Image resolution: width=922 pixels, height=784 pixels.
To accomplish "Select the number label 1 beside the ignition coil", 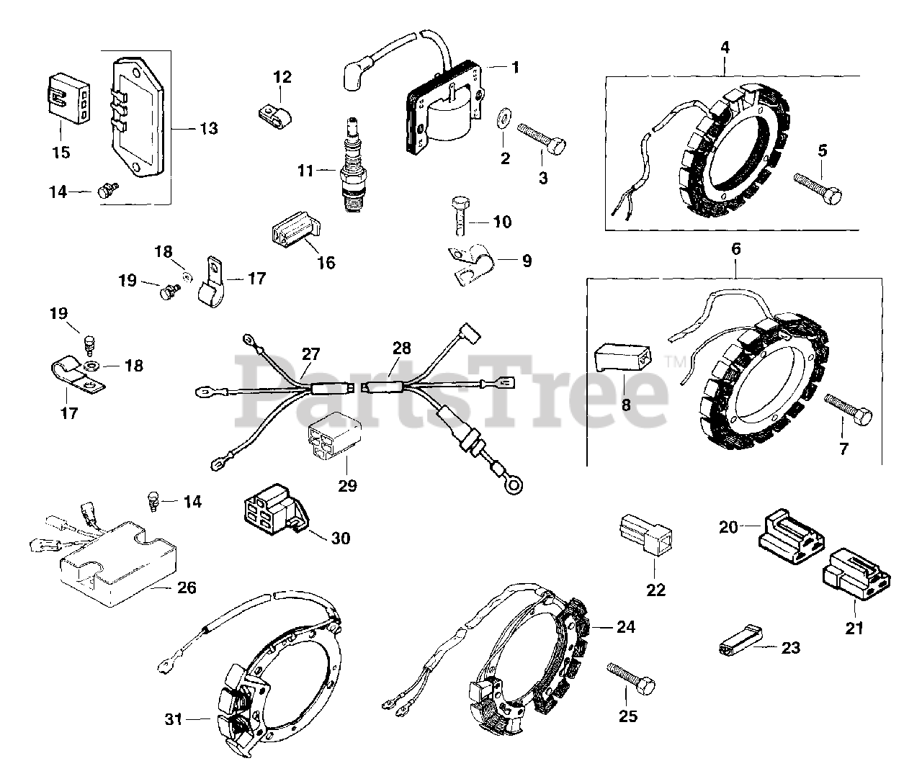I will (515, 67).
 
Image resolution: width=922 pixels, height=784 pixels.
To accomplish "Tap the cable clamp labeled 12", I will (274, 114).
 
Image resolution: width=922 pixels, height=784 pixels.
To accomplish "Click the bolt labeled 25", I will (631, 677).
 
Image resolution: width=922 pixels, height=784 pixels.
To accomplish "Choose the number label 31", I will (172, 719).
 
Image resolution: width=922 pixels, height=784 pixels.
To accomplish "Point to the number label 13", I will (208, 129).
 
